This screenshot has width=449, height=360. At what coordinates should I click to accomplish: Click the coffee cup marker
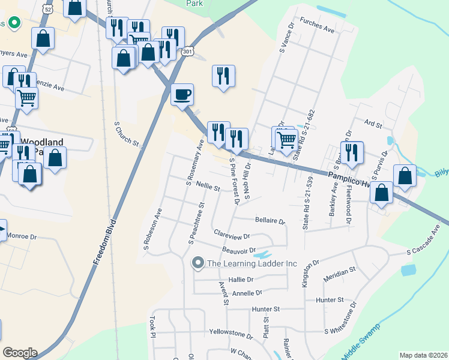(182, 94)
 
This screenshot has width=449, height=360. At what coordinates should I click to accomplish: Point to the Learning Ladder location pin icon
(197, 263)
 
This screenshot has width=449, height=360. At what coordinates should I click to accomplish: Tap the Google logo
(20, 353)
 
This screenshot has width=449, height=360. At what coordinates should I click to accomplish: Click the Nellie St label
(208, 188)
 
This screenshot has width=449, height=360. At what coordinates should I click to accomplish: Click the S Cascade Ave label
(427, 250)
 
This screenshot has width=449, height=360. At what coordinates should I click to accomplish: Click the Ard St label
(373, 124)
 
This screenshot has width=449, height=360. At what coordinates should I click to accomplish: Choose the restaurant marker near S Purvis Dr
(351, 152)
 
